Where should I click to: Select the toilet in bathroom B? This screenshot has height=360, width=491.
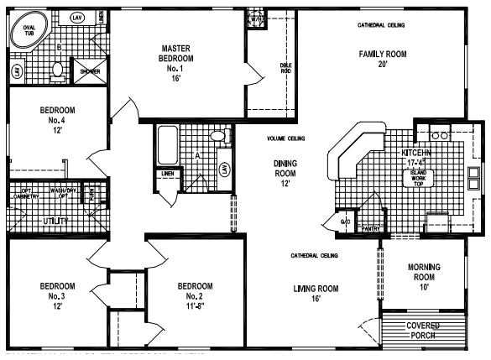[57, 73]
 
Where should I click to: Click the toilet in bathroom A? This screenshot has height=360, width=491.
[217, 136]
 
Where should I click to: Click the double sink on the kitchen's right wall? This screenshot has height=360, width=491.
[474, 178]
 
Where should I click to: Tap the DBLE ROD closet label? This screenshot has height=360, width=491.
[285, 70]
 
